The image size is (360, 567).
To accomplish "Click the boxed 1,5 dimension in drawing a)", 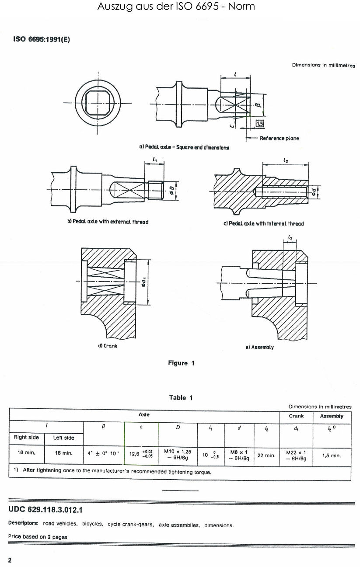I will click(260, 124).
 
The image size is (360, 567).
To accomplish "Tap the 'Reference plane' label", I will click(279, 138).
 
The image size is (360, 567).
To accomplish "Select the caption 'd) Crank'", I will click(107, 346).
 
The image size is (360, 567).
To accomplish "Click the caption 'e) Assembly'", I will click(259, 347).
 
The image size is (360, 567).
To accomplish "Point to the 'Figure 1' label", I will click(181, 363).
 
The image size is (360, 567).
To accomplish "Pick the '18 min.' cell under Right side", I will click(26, 453).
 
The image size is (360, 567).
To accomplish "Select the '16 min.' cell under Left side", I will click(63, 453).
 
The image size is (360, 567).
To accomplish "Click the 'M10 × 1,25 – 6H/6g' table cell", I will click(178, 454).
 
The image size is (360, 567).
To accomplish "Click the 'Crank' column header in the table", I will click(296, 416).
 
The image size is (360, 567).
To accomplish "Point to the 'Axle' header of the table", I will click(144, 414).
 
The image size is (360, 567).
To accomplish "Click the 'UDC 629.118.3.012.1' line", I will click(45, 510).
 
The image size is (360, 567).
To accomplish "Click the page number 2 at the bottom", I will click(10, 560).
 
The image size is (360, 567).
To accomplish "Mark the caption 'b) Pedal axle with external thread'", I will click(107, 222).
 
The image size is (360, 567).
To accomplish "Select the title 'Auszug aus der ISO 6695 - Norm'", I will click(176, 6).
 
